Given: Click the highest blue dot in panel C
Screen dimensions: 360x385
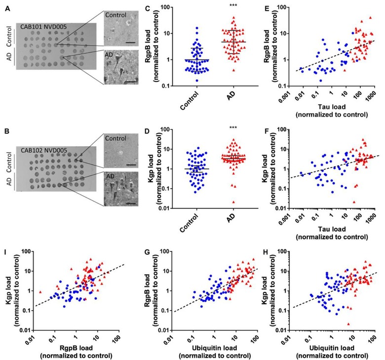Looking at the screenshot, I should [197, 28].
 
